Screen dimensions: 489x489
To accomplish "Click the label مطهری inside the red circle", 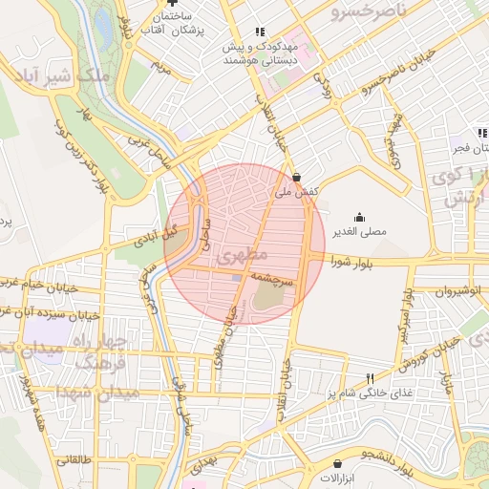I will coord(239,258).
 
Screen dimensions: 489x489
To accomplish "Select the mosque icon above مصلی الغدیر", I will coord(359,217).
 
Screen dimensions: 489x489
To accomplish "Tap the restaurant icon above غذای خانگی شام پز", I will coord(371,379).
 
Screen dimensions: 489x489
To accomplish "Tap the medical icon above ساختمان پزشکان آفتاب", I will coord(171,4).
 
